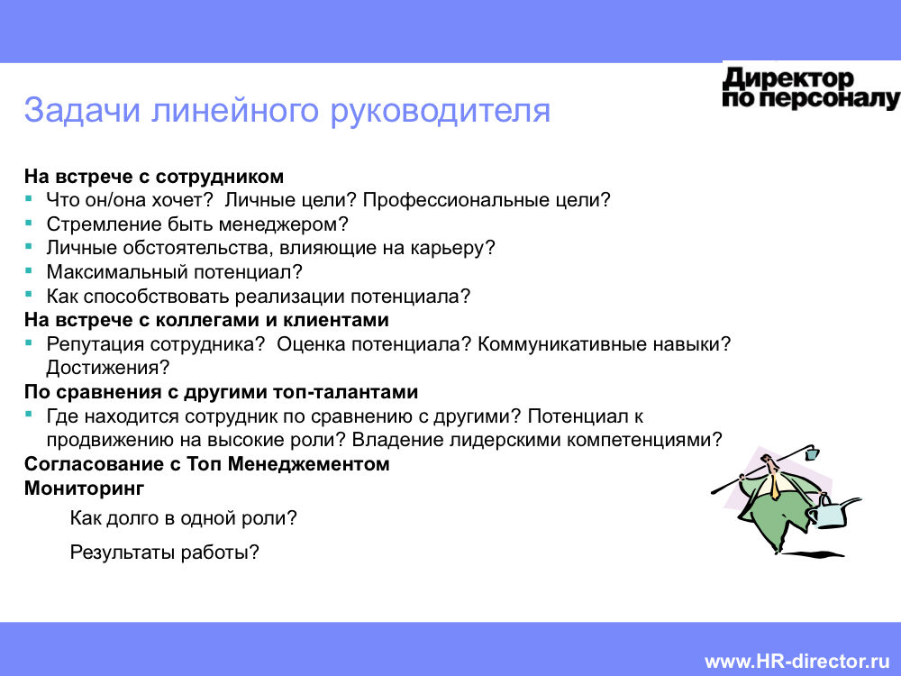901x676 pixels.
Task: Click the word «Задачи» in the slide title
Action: coord(82,110)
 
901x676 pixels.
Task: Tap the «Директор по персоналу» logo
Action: coord(811,88)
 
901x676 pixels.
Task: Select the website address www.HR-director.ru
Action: coord(797,661)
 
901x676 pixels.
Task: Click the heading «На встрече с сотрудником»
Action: coord(154,176)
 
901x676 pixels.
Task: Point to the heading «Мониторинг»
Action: coord(84,488)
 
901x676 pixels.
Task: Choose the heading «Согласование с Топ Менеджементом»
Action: coord(207,463)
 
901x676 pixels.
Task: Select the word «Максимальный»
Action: coord(117,271)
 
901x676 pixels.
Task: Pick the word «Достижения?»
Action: coord(108,368)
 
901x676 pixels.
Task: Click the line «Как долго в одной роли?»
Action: coord(183,518)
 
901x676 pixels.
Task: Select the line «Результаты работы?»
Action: coord(164,552)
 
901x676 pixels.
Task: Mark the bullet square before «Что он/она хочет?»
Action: coord(29,198)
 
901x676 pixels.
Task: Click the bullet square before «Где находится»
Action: coord(29,414)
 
